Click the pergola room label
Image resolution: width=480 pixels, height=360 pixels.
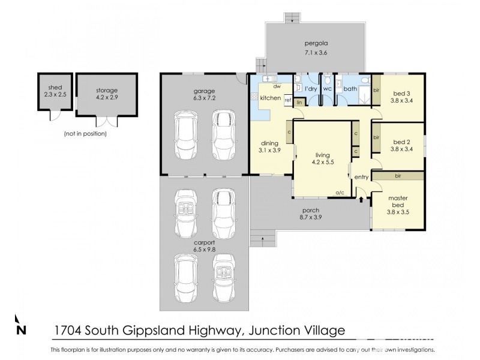click(x=315, y=44)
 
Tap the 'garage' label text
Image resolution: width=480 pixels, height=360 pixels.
click(x=204, y=91)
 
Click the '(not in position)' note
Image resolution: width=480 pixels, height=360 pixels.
click(x=85, y=134)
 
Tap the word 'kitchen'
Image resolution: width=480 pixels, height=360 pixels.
click(x=270, y=98)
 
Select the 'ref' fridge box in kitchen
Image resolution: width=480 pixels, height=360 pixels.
click(x=288, y=100)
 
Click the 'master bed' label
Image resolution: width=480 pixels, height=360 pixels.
click(x=397, y=202)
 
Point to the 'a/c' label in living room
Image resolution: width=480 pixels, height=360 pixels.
click(x=339, y=193)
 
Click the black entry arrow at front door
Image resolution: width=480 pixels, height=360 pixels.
click(x=361, y=199)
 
